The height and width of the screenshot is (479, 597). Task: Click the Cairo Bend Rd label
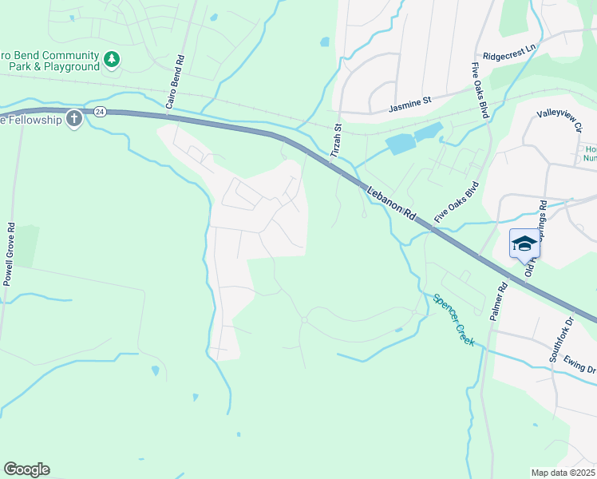pos(176,81)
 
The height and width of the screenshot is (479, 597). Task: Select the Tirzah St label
pos(338,139)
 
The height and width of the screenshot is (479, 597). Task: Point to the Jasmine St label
pos(409,105)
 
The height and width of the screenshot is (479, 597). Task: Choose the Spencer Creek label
pos(454,320)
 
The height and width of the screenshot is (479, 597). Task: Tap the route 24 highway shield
pos(99,112)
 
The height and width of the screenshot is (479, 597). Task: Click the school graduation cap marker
pos(524,243)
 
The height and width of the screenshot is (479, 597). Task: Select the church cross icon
pos(73,120)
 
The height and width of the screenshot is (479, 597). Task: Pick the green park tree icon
pos(112,58)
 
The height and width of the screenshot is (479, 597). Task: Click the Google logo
pos(26,469)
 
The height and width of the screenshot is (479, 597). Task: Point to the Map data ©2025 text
pos(563,473)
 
